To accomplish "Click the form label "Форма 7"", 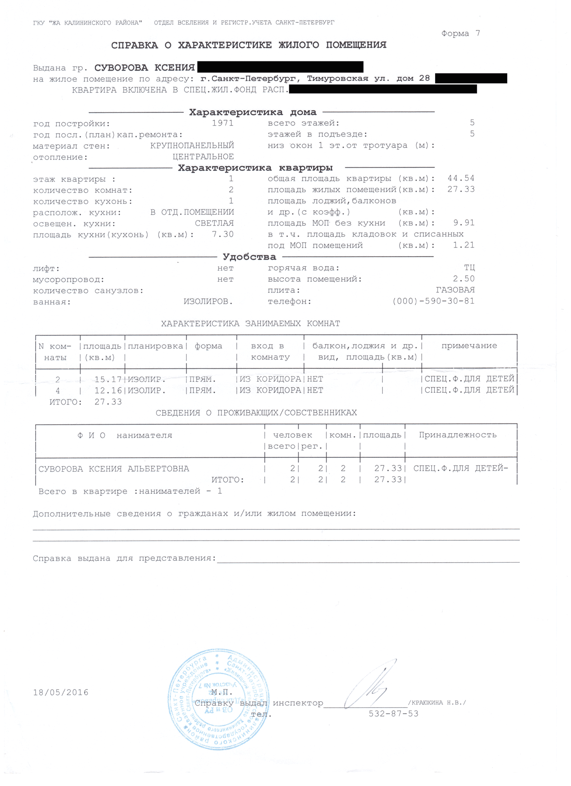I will (460, 33).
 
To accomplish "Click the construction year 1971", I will (222, 123).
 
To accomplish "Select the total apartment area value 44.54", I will (461, 178).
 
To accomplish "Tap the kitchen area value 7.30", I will (222, 234).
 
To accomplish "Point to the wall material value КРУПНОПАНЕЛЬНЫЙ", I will (192, 146).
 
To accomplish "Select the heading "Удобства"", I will (249, 257).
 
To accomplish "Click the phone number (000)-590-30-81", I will (433, 301).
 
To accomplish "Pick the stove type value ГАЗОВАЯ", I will (455, 290).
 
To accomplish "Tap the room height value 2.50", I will (464, 279).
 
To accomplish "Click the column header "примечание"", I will (469, 346).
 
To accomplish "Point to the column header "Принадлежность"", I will (457, 435).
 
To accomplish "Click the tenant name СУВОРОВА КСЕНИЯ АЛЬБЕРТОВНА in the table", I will (114, 469).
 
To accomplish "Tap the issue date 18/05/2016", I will (60, 693).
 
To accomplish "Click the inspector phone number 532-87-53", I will (393, 714).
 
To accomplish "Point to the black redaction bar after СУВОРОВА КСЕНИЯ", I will (280, 67).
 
